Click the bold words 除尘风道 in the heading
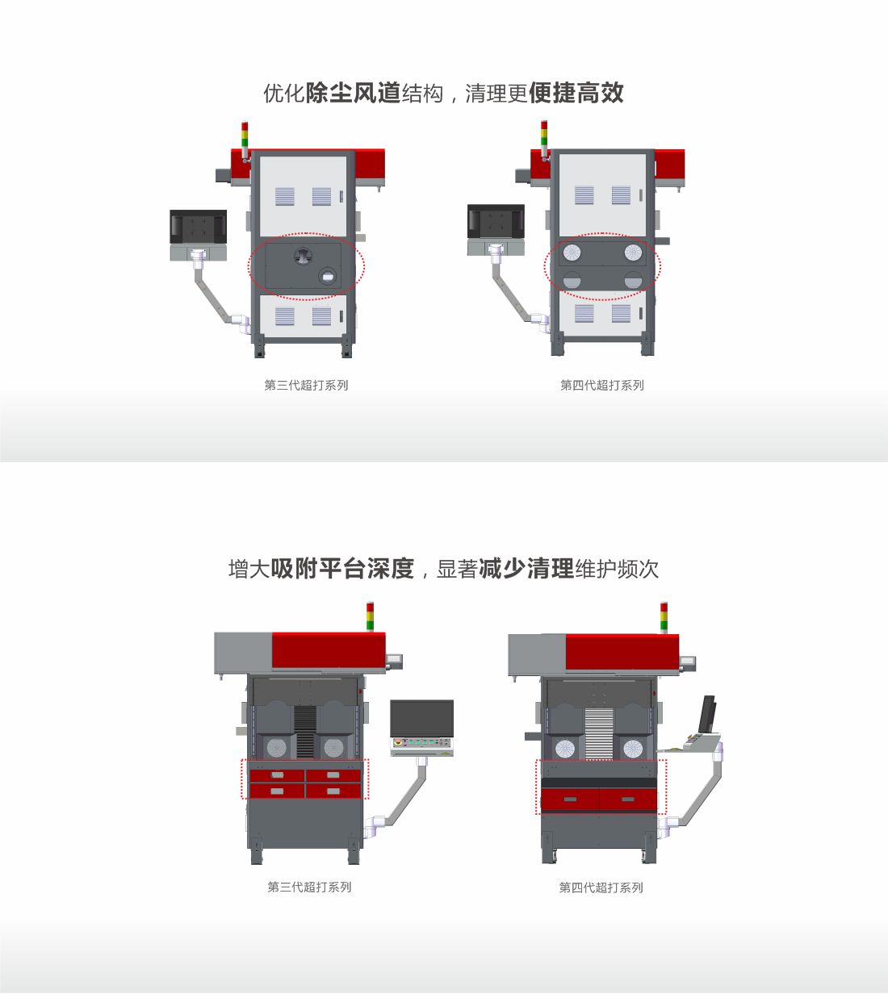pyautogui.click(x=353, y=93)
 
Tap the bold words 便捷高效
pyautogui.click(x=576, y=93)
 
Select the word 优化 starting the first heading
pyautogui.click(x=284, y=94)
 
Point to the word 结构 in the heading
pyautogui.click(x=422, y=94)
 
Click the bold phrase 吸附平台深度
pyautogui.click(x=342, y=569)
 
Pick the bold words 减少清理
pyautogui.click(x=526, y=569)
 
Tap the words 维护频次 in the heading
pyautogui.click(x=617, y=569)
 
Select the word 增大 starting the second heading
pyautogui.click(x=249, y=569)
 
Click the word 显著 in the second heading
pyautogui.click(x=457, y=569)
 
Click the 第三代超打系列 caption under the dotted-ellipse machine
pyautogui.click(x=306, y=385)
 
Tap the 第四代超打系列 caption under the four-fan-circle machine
pyautogui.click(x=602, y=385)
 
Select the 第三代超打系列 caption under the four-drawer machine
pyautogui.click(x=309, y=887)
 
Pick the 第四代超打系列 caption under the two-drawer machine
pyautogui.click(x=601, y=887)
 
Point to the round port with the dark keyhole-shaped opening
pyautogui.click(x=303, y=255)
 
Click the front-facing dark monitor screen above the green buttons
pyautogui.click(x=422, y=718)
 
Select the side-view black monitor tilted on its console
pyautogui.click(x=707, y=714)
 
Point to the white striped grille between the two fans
pyautogui.click(x=599, y=733)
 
